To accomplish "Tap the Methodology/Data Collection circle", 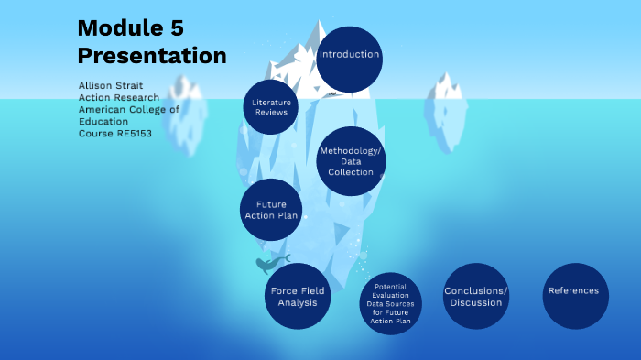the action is (x=351, y=161).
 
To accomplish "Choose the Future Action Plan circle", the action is (x=272, y=210).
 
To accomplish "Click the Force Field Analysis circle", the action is (x=299, y=297).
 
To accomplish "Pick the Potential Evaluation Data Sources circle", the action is (x=391, y=303).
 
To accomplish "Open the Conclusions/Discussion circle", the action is (x=475, y=296).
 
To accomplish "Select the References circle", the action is (x=574, y=293).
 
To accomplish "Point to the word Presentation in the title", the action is (x=151, y=56).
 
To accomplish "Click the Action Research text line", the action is (x=119, y=97).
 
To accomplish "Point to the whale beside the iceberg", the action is (x=268, y=265).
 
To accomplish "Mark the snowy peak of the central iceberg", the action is (x=314, y=41).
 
